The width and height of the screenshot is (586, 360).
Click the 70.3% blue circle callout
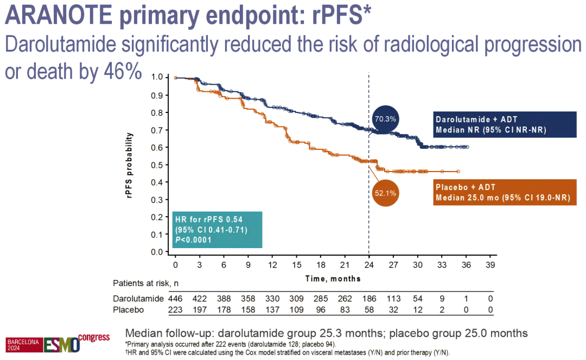[385, 118]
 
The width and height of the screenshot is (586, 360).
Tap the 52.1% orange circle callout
[386, 192]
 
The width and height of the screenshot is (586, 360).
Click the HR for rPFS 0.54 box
[218, 230]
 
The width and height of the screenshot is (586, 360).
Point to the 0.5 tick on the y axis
[157, 165]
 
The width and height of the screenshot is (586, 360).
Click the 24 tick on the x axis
[369, 264]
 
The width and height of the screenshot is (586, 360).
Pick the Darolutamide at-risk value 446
[176, 299]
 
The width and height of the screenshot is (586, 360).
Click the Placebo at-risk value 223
[176, 310]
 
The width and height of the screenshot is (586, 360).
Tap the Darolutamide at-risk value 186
[369, 299]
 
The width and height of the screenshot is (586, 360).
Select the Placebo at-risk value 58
[369, 310]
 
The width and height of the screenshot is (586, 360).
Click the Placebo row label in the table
[128, 310]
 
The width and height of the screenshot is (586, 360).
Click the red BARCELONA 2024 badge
[22, 344]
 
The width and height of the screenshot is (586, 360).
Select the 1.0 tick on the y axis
[157, 78]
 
